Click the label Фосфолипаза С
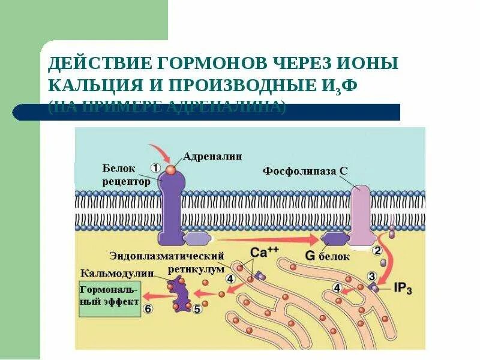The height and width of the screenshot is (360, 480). click(305, 170)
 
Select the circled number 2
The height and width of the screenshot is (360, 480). click(377, 250)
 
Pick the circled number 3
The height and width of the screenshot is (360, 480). click(371, 275)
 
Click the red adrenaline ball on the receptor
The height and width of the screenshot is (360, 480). click(171, 170)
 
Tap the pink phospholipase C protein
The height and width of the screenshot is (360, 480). click(360, 213)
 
